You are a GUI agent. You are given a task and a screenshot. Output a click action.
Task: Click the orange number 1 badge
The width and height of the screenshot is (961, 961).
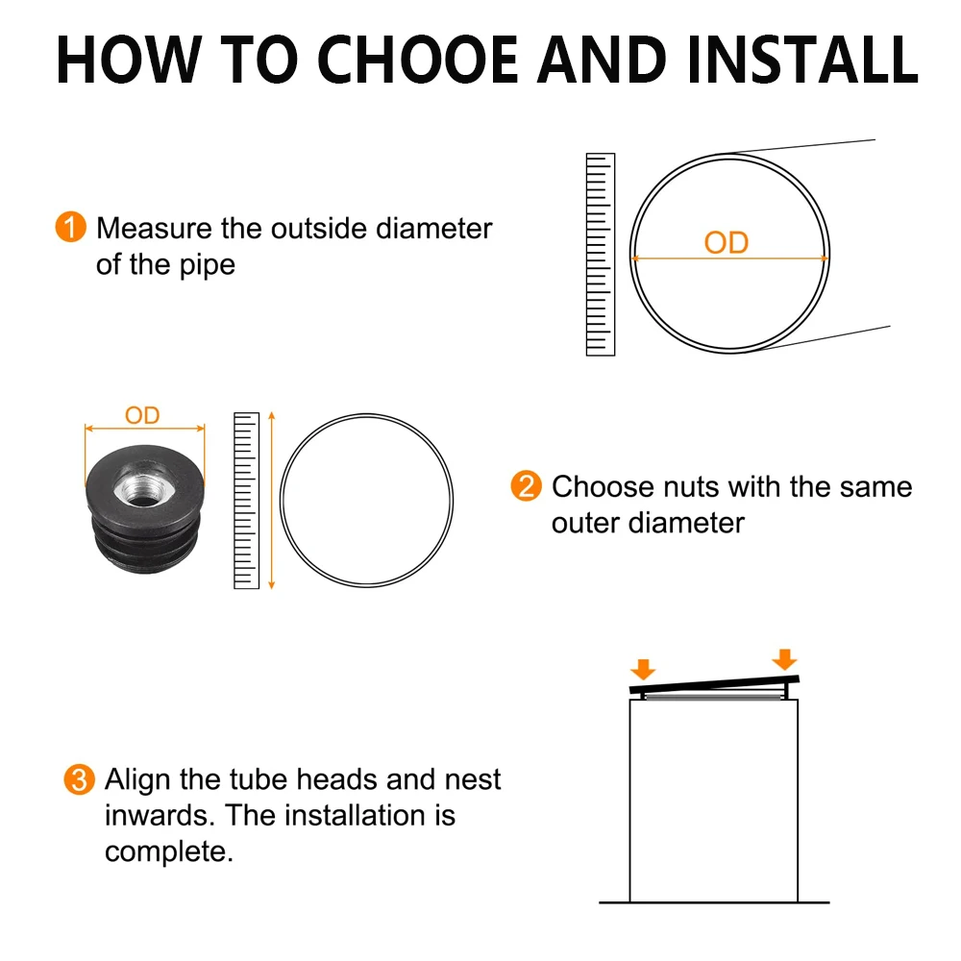pos(70,228)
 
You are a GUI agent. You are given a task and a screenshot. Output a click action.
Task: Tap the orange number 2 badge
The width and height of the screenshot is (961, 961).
pos(526,486)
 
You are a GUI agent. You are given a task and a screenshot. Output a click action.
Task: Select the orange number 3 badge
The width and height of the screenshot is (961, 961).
pos(79,779)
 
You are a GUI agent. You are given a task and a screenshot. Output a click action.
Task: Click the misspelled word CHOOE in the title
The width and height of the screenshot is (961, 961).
pos(418,60)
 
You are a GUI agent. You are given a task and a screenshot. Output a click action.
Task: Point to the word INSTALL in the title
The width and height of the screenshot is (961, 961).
pos(802,60)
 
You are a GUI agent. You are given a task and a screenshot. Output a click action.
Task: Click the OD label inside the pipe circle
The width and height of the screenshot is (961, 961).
pos(727,243)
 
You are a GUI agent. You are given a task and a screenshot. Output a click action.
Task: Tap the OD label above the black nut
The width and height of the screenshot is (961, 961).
pos(142,415)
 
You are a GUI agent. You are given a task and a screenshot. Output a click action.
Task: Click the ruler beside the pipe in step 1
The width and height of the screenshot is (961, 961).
pos(601,255)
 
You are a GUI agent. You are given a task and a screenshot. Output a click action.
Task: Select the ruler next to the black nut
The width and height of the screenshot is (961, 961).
pos(246,501)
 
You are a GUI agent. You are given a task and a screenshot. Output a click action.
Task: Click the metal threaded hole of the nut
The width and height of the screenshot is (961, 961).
pos(143,484)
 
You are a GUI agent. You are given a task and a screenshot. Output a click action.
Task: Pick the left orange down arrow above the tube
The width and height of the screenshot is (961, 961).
pos(643,669)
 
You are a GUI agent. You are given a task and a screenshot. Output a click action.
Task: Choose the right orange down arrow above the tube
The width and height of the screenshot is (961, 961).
pos(784,659)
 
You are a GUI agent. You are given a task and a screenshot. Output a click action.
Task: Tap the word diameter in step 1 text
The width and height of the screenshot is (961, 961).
pos(434,229)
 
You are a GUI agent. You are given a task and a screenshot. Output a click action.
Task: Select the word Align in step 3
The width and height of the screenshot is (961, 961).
pos(137,780)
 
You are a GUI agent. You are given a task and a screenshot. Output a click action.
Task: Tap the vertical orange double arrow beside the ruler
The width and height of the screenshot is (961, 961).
pos(272,501)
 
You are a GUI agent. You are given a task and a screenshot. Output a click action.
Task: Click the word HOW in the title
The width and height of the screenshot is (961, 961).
pos(129,60)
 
